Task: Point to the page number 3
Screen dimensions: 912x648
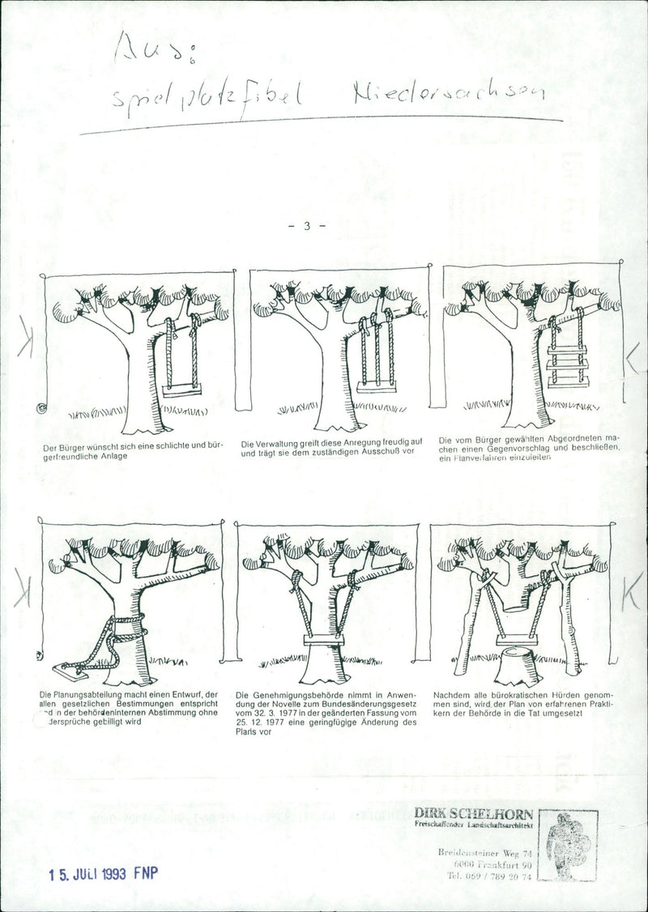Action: pos(307,226)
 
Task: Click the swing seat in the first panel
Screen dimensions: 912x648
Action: pos(183,390)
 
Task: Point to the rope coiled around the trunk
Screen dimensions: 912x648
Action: pos(122,636)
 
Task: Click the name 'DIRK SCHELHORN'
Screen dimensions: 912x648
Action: pos(473,812)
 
